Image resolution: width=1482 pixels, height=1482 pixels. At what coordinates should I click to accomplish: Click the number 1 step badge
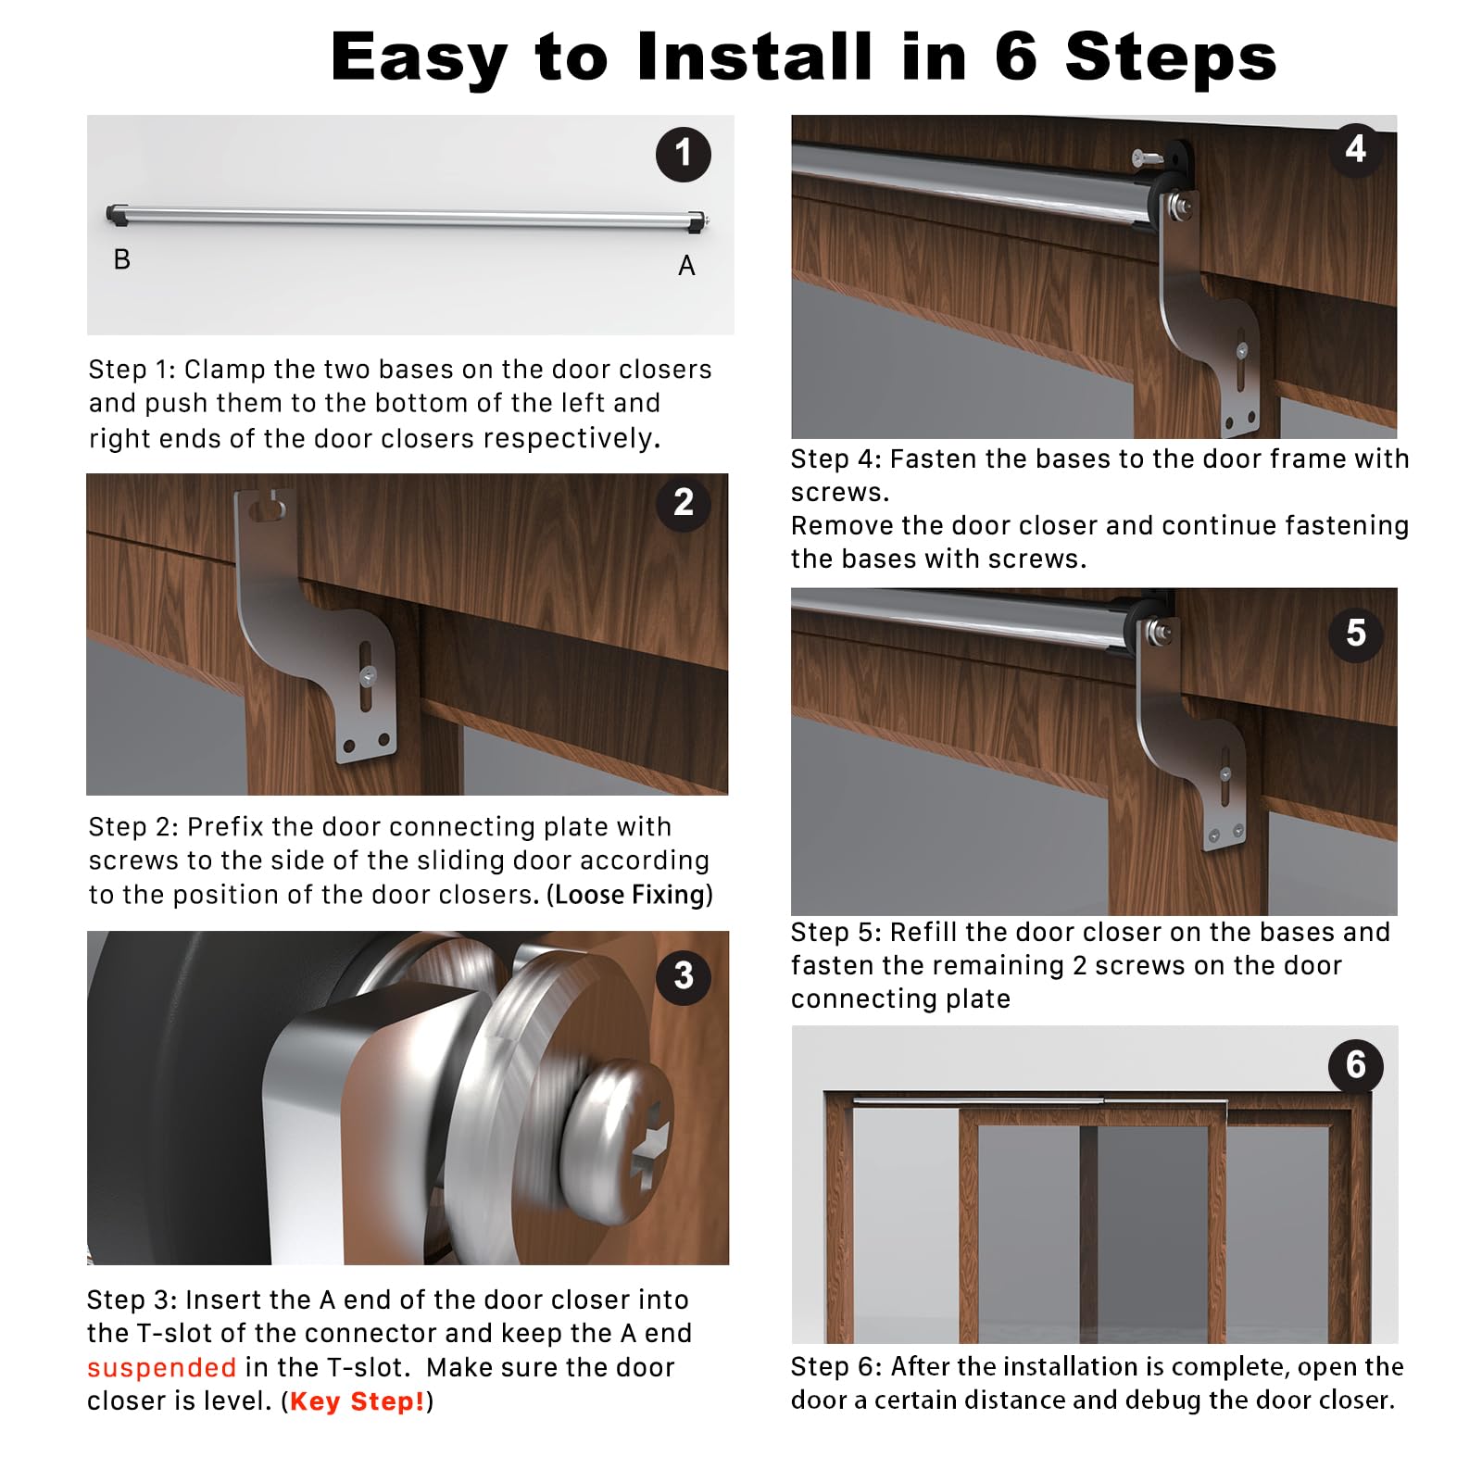coord(684,154)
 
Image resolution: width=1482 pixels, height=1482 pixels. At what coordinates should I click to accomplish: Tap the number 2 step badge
coord(684,503)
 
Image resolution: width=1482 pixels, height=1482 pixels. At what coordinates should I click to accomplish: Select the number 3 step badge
coord(684,976)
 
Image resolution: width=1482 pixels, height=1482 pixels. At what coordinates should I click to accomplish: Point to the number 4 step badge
coord(1356,149)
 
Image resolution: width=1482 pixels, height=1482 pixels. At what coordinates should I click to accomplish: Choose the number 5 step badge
coord(1356,634)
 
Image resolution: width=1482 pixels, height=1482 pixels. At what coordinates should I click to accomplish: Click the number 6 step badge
coord(1356,1065)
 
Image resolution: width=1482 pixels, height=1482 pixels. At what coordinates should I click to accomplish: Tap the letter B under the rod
coord(121,259)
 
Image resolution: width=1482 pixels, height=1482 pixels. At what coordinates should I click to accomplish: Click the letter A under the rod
coord(686,266)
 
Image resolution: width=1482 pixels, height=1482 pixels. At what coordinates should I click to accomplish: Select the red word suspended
coord(161,1368)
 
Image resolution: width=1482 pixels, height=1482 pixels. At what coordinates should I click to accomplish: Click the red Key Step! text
coord(358,1401)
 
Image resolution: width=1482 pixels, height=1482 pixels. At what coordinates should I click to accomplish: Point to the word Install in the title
coord(755,57)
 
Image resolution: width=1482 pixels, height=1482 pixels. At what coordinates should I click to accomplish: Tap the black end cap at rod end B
coord(117,214)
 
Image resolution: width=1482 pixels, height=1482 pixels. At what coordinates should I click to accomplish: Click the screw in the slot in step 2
coord(368,675)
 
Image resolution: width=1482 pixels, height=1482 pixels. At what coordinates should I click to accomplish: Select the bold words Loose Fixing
coord(631,895)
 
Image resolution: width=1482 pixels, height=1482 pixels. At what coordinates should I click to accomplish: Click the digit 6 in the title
coord(1016,57)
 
